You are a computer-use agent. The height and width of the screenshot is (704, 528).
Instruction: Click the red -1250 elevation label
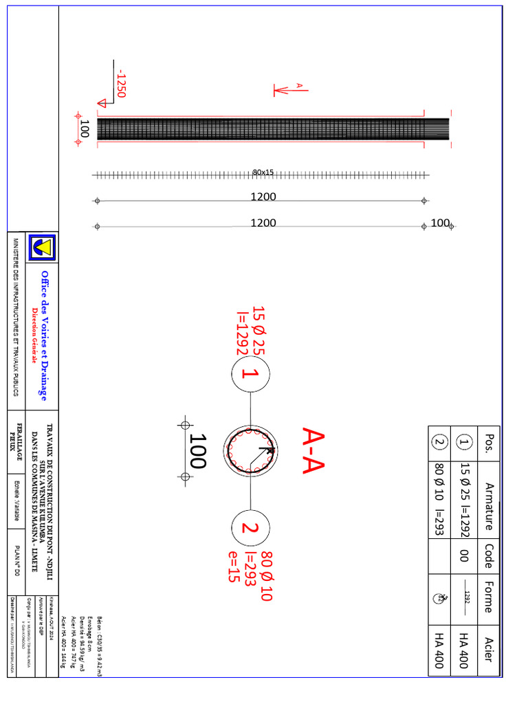[121, 82]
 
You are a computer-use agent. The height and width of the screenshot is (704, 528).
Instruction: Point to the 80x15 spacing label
[263, 172]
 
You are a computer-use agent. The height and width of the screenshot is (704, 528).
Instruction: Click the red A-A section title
[313, 450]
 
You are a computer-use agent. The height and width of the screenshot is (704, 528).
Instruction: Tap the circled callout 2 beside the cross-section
[250, 528]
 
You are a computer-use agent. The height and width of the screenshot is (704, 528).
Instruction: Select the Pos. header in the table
[489, 440]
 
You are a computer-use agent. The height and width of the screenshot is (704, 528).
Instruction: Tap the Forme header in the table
[489, 597]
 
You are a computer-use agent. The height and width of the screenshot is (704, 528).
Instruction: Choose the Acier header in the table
[489, 650]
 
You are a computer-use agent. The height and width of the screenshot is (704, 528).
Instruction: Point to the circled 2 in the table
[440, 441]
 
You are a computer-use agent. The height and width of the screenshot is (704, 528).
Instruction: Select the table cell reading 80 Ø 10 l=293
[440, 496]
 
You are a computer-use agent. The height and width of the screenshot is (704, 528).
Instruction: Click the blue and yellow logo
[43, 247]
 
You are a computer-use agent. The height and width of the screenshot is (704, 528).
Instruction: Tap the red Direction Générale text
[36, 335]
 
